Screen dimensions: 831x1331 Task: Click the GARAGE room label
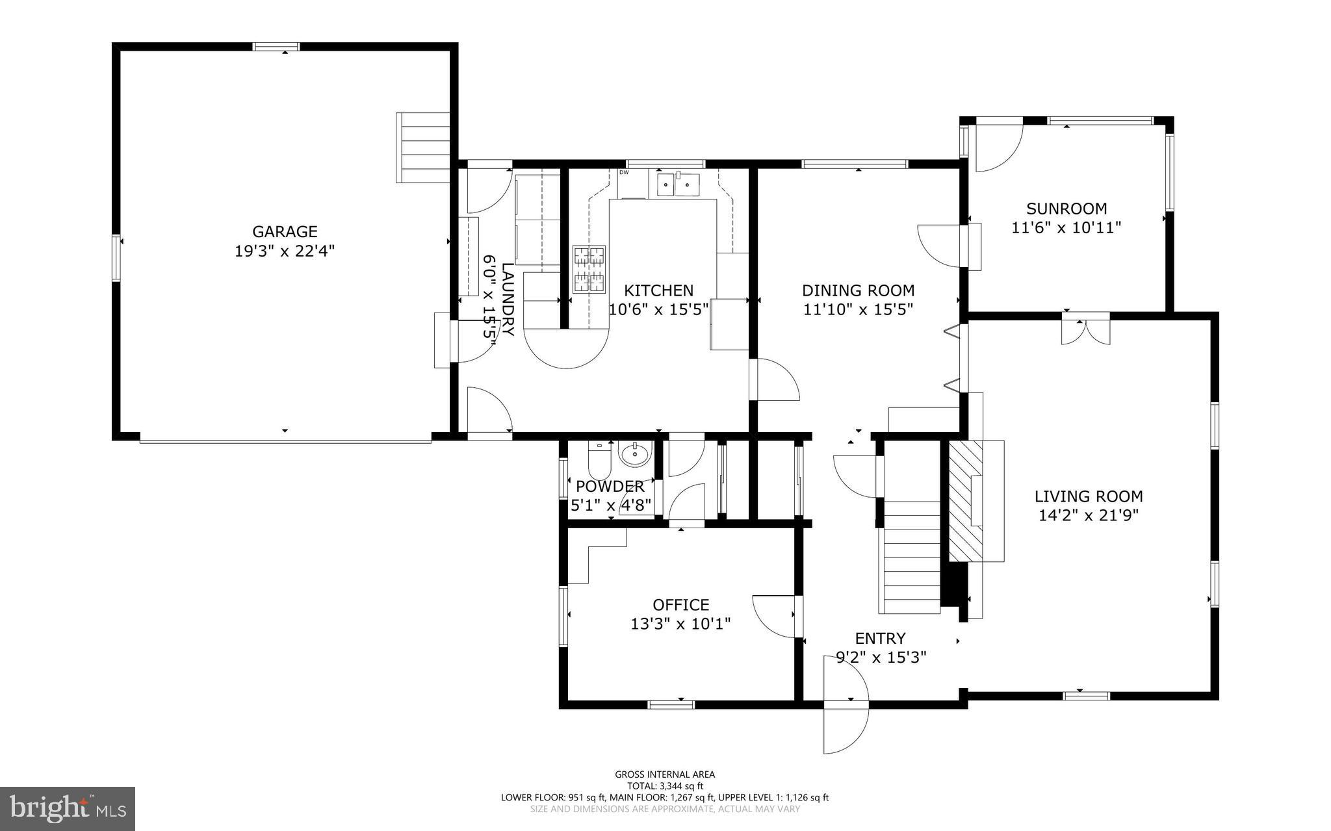tap(285, 231)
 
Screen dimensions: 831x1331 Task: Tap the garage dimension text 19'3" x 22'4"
tap(285, 251)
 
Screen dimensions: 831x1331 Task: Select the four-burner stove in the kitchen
tap(589, 269)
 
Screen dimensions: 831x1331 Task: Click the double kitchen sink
tap(676, 185)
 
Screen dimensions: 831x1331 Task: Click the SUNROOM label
tap(1066, 209)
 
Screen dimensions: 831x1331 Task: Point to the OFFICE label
tap(680, 605)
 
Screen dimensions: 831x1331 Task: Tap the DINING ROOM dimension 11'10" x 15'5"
tap(858, 309)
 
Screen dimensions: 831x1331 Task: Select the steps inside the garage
tap(423, 147)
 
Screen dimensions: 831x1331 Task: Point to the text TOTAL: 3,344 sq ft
tap(665, 786)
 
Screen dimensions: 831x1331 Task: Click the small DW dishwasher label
tap(624, 173)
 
